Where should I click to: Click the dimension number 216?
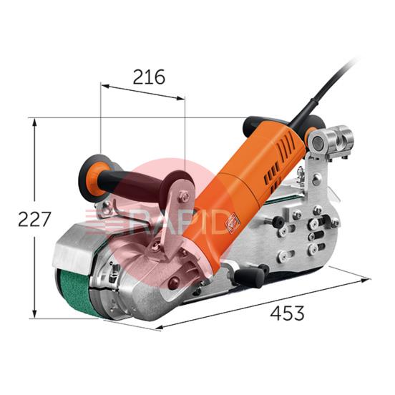click(x=149, y=77)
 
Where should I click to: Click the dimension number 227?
click(x=34, y=219)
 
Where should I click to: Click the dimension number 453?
click(x=287, y=313)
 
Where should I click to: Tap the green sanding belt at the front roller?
click(x=76, y=291)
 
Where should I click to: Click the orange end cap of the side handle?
click(x=92, y=178)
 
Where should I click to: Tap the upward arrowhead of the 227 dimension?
click(x=34, y=122)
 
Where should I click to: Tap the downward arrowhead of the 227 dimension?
click(x=34, y=314)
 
